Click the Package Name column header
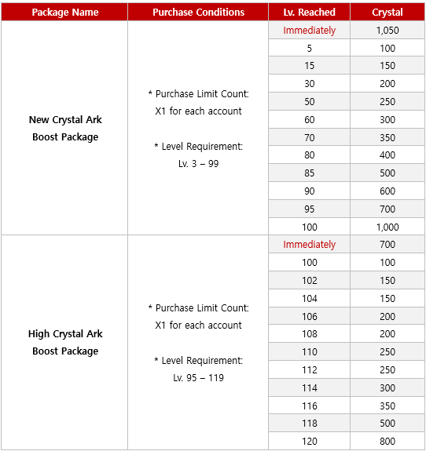point(64,13)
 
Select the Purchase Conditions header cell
point(198,13)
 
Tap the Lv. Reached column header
point(309,13)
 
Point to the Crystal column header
point(387,13)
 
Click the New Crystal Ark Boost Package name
point(65,129)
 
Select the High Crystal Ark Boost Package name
point(65,343)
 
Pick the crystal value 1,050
point(387,31)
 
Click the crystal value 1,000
point(387,227)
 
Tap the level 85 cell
point(309,173)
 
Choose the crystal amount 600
point(387,191)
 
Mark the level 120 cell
point(309,442)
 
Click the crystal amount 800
point(387,442)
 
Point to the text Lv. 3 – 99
point(198,164)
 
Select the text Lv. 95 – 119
point(198,378)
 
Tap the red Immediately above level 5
point(309,31)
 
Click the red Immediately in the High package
point(309,245)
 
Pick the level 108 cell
point(309,334)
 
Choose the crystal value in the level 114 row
point(387,387)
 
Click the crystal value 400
point(387,155)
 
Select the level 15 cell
point(309,66)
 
